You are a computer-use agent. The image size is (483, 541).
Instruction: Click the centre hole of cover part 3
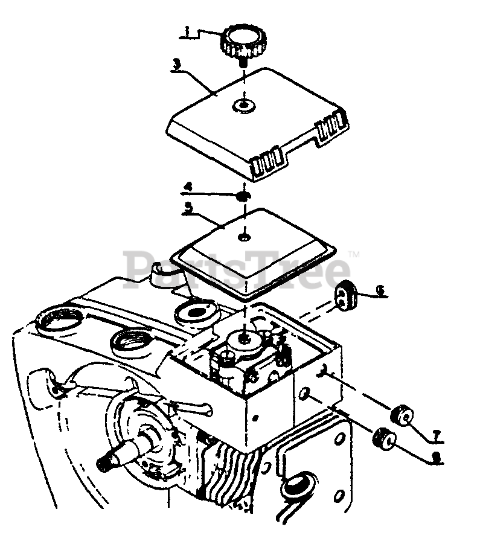click(243, 106)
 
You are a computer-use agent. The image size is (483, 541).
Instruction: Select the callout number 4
click(188, 187)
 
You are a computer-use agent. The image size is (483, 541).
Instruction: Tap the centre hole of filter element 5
click(243, 235)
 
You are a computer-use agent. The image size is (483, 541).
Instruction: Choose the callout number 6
click(379, 291)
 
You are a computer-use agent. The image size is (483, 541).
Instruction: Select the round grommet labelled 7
click(402, 415)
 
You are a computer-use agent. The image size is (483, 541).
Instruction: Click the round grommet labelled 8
click(384, 438)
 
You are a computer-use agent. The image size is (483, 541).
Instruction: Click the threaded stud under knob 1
click(243, 61)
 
